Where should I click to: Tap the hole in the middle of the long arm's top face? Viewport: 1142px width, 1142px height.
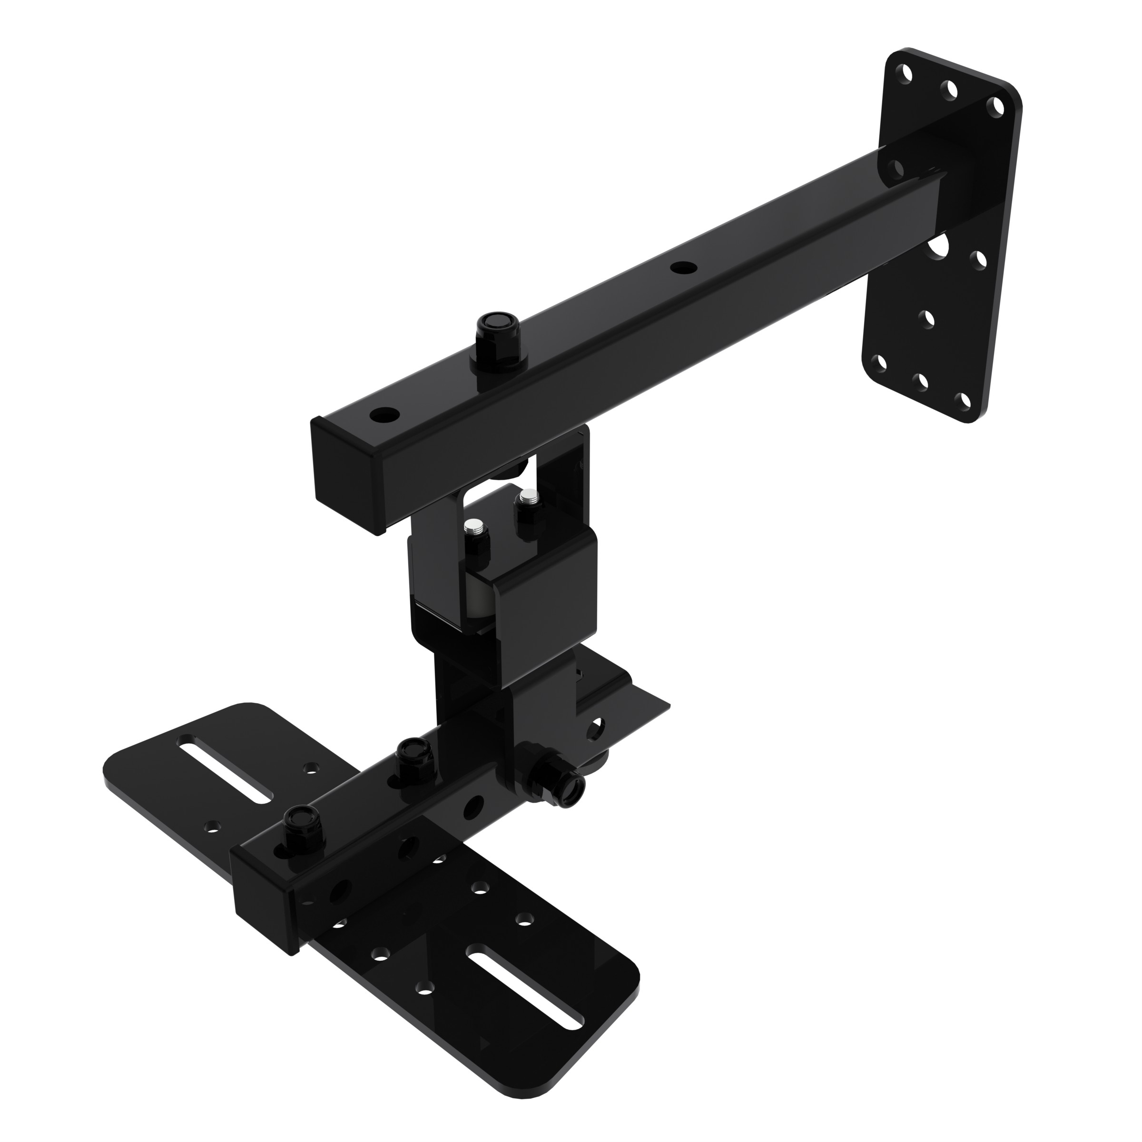pos(683,267)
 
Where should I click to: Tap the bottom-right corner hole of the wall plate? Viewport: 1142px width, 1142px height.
pos(965,401)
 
